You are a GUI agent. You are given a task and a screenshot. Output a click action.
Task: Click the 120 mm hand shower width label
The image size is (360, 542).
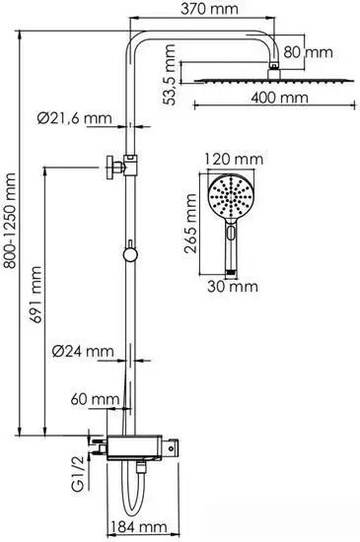pyautogui.click(x=234, y=159)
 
